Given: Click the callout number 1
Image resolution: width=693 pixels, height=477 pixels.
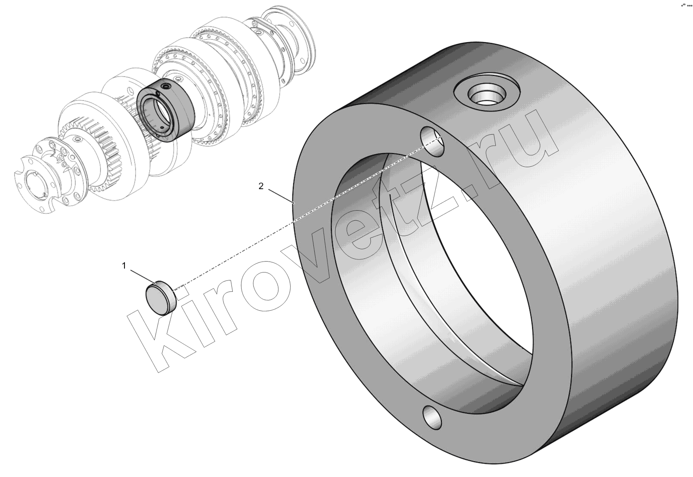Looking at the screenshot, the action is coord(124,266).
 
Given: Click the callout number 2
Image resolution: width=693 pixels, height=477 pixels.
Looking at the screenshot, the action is coord(261,186).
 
